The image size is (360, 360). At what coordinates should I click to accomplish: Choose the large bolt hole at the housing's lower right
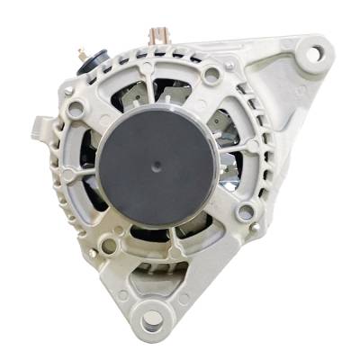click(x=244, y=213)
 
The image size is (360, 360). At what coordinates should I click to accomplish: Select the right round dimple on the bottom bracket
click(x=184, y=296)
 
